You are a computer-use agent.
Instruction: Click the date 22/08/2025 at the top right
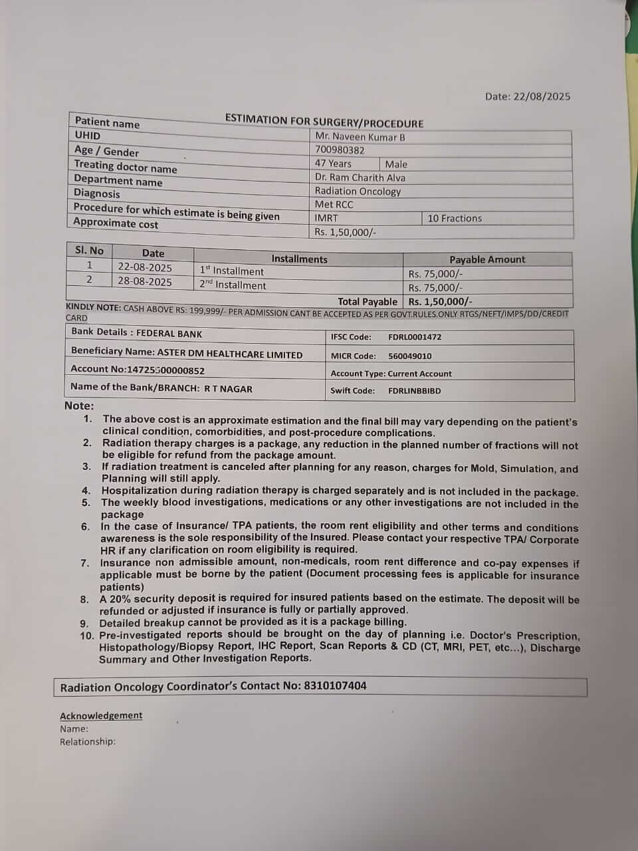[542, 96]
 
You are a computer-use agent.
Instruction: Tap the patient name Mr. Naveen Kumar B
[360, 137]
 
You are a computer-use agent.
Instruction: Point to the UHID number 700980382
[340, 150]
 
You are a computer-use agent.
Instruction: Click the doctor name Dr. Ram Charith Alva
[360, 178]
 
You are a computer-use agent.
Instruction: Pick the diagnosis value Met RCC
[334, 205]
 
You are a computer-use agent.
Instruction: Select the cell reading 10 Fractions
[455, 218]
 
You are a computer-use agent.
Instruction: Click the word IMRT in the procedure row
[326, 218]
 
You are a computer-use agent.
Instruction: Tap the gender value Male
[396, 164]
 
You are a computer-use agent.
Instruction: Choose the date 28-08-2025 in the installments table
[145, 282]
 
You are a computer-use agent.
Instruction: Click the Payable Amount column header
[487, 260]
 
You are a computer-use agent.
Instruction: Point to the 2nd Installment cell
[233, 285]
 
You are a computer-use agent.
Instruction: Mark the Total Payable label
[367, 302]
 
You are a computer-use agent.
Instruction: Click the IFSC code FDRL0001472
[415, 337]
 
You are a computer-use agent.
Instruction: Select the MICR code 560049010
[409, 356]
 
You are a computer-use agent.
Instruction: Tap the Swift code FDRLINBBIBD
[414, 391]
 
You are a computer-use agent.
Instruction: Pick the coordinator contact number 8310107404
[335, 685]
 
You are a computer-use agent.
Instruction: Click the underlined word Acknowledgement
[101, 715]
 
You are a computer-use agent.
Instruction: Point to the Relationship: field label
[88, 741]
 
